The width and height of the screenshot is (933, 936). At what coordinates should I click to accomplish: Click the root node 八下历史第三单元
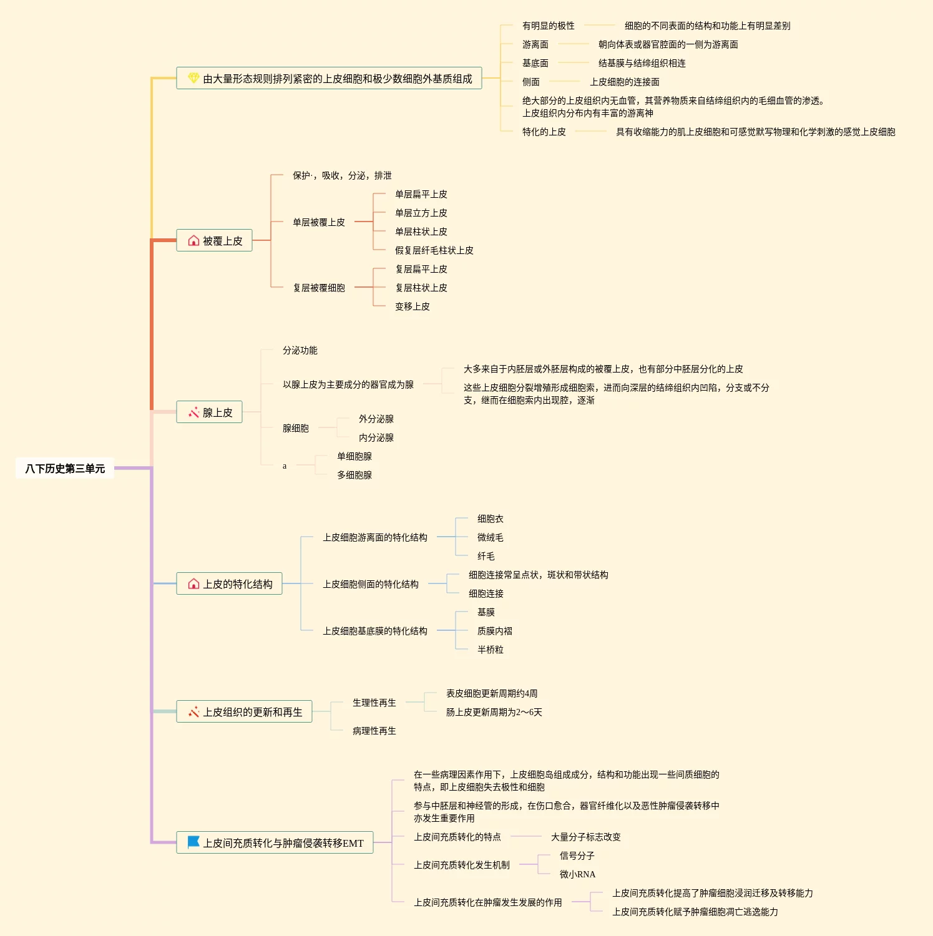pyautogui.click(x=65, y=469)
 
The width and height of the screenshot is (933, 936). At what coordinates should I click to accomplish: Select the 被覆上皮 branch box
pyautogui.click(x=214, y=241)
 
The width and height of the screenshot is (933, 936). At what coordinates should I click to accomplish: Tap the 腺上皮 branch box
pyautogui.click(x=209, y=412)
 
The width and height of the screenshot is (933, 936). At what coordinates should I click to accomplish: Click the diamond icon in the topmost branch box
pyautogui.click(x=193, y=78)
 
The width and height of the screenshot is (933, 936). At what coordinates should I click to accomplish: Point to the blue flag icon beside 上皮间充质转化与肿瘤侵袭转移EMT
pyautogui.click(x=193, y=842)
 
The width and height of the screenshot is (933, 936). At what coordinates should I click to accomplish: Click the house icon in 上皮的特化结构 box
pyautogui.click(x=193, y=584)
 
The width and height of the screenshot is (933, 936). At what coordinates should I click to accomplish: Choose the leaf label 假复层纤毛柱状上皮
pyautogui.click(x=434, y=250)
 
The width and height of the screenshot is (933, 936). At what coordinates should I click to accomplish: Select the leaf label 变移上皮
pyautogui.click(x=413, y=306)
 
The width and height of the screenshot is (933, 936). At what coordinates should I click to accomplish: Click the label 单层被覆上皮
pyautogui.click(x=319, y=222)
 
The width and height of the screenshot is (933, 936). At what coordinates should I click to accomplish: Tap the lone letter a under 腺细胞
pyautogui.click(x=285, y=466)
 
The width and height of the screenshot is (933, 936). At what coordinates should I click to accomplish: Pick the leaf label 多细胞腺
pyautogui.click(x=354, y=475)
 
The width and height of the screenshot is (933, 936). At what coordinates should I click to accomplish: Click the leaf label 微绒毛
pyautogui.click(x=491, y=537)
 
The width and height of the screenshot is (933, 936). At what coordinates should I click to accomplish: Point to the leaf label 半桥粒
pyautogui.click(x=491, y=650)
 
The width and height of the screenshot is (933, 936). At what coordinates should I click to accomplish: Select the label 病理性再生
pyautogui.click(x=374, y=731)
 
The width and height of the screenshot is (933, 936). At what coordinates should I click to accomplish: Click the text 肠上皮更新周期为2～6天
pyautogui.click(x=494, y=712)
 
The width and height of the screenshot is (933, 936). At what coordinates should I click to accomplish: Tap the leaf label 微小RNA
pyautogui.click(x=577, y=874)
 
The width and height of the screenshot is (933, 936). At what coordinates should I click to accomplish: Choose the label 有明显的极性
pyautogui.click(x=549, y=26)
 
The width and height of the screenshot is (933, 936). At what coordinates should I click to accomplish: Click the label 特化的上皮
pyautogui.click(x=544, y=132)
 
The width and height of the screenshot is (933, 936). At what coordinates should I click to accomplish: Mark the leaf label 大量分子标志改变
pyautogui.click(x=586, y=837)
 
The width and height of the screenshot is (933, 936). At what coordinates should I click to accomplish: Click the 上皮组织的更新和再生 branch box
pyautogui.click(x=244, y=712)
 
